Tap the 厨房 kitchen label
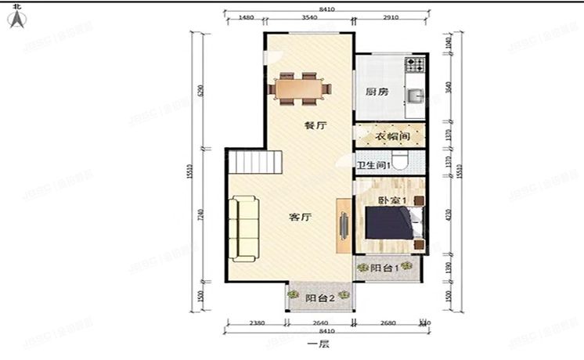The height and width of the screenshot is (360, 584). tap(377, 92)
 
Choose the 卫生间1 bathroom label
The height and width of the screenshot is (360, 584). tap(373, 165)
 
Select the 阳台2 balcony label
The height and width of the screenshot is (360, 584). tap(320, 297)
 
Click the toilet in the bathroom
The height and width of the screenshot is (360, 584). tap(401, 162)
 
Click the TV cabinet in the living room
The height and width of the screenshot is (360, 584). tap(344, 225)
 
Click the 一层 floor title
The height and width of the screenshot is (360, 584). tap(317, 344)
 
